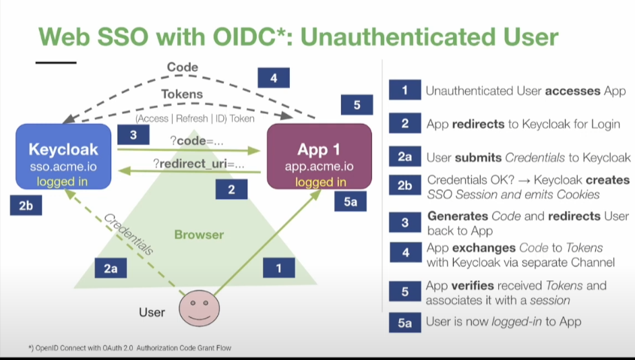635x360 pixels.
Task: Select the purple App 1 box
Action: tap(319, 156)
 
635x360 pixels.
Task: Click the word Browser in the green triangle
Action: tap(199, 235)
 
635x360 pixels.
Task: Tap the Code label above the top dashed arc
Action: tap(182, 67)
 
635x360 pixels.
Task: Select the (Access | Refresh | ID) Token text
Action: tap(195, 118)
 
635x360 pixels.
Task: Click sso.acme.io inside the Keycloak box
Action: tap(63, 167)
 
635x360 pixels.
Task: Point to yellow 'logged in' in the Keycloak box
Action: tap(63, 181)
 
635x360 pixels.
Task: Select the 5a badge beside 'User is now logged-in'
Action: tap(404, 323)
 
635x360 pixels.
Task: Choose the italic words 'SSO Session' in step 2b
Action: tap(459, 194)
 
